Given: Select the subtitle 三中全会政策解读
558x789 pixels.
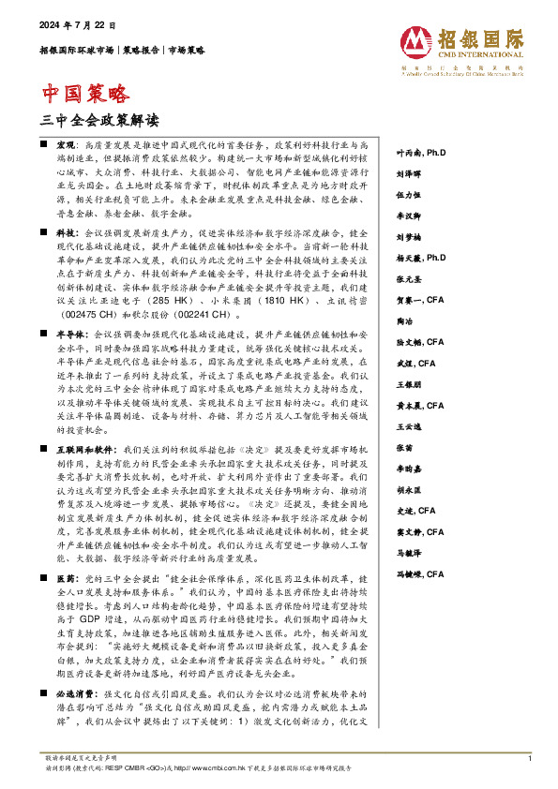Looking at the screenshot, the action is [100, 120].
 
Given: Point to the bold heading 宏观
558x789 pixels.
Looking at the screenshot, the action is [67, 148].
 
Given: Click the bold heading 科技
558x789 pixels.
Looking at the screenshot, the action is [67, 230].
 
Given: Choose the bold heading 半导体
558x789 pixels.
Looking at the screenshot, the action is [71, 335].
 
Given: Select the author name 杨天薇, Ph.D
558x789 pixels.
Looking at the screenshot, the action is [420, 255].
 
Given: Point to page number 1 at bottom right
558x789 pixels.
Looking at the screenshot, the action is [530, 757].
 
